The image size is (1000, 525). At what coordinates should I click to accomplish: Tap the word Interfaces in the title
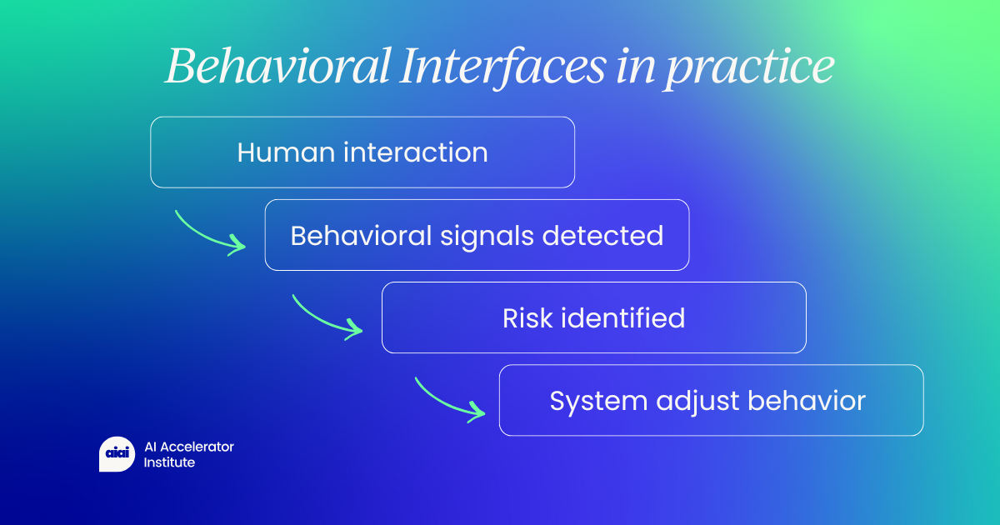click(502, 67)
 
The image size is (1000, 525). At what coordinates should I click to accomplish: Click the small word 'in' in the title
click(635, 67)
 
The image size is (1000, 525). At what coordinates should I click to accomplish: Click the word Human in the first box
click(286, 152)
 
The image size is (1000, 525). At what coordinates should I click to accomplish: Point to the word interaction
click(416, 152)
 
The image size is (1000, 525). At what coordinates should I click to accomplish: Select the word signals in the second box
click(487, 237)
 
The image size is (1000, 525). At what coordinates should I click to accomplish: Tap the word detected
click(603, 235)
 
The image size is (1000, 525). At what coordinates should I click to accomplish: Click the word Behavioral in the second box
click(361, 235)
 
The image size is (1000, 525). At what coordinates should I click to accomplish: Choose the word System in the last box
click(598, 402)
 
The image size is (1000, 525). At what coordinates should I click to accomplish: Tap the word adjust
click(697, 402)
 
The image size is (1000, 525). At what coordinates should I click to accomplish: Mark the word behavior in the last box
click(807, 401)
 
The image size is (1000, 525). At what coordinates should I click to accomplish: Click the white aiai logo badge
click(117, 454)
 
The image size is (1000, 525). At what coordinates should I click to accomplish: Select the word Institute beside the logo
click(169, 462)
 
